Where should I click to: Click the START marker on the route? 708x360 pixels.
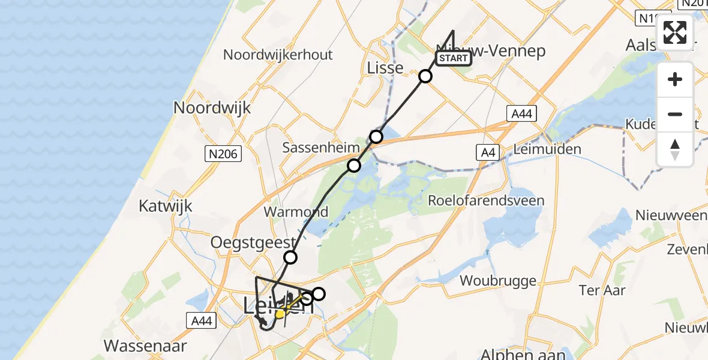click(454, 58)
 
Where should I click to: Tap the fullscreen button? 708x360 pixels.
click(675, 32)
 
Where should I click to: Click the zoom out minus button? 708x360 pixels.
click(675, 114)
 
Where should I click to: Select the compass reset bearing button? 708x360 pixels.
click(675, 149)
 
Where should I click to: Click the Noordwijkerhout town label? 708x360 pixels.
click(278, 55)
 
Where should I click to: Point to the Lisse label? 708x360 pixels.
click(385, 68)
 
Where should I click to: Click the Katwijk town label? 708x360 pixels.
click(166, 206)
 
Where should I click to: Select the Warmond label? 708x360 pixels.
click(296, 212)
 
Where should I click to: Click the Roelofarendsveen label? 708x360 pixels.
click(485, 200)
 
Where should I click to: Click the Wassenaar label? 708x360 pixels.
click(145, 346)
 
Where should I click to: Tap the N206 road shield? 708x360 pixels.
click(225, 154)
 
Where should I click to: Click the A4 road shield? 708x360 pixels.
click(487, 153)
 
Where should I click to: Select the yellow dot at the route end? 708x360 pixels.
click(280, 313)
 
